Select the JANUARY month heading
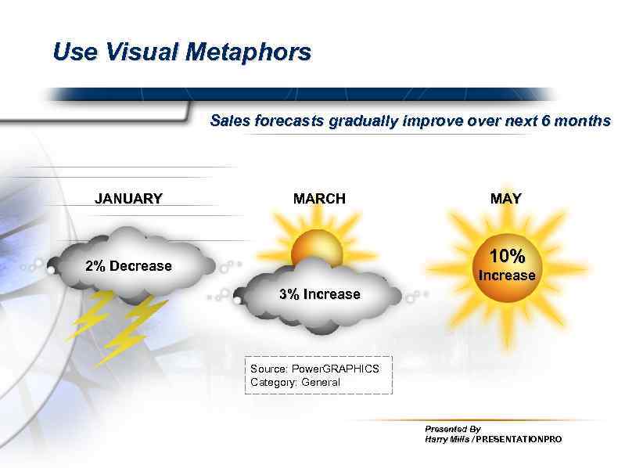click(x=128, y=199)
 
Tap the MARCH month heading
click(x=319, y=199)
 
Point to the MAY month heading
click(x=505, y=199)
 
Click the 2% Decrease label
click(x=128, y=266)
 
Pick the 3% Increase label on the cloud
click(x=320, y=294)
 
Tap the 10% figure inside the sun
click(x=507, y=256)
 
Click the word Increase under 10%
click(x=507, y=275)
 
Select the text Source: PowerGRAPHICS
click(x=314, y=368)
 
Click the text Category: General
click(x=295, y=382)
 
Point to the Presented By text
click(x=452, y=429)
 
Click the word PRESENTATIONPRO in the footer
click(x=519, y=440)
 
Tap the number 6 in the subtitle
click(x=557, y=121)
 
